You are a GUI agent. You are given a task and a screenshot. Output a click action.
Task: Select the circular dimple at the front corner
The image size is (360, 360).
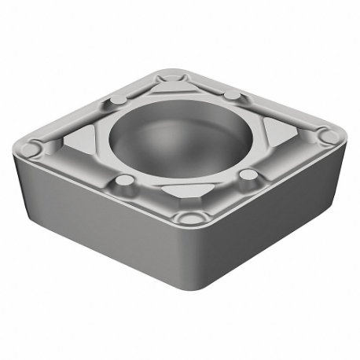[x=189, y=217]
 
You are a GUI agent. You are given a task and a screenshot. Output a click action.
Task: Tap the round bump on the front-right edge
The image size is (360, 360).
[x=249, y=174]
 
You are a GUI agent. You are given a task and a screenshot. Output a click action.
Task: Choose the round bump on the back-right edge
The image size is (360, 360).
[x=233, y=94]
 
